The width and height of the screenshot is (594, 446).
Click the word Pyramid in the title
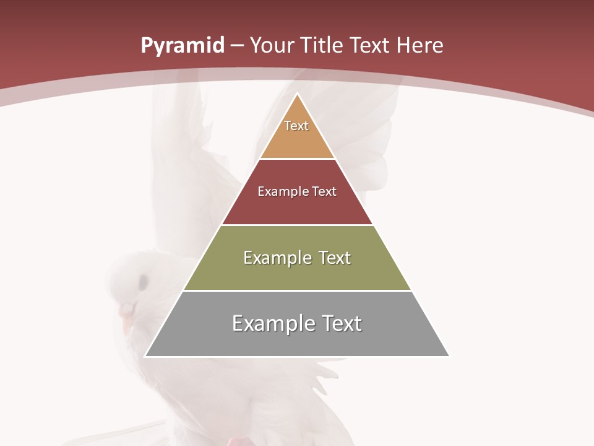click(183, 46)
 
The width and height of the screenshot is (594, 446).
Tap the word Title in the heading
click(323, 46)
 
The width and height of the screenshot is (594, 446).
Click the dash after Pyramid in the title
click(237, 46)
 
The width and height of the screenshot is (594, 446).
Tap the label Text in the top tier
click(296, 126)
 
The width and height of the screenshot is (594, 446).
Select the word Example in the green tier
click(276, 258)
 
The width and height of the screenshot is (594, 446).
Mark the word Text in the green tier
click(332, 258)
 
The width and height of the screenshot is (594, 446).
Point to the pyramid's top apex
click(297, 95)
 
